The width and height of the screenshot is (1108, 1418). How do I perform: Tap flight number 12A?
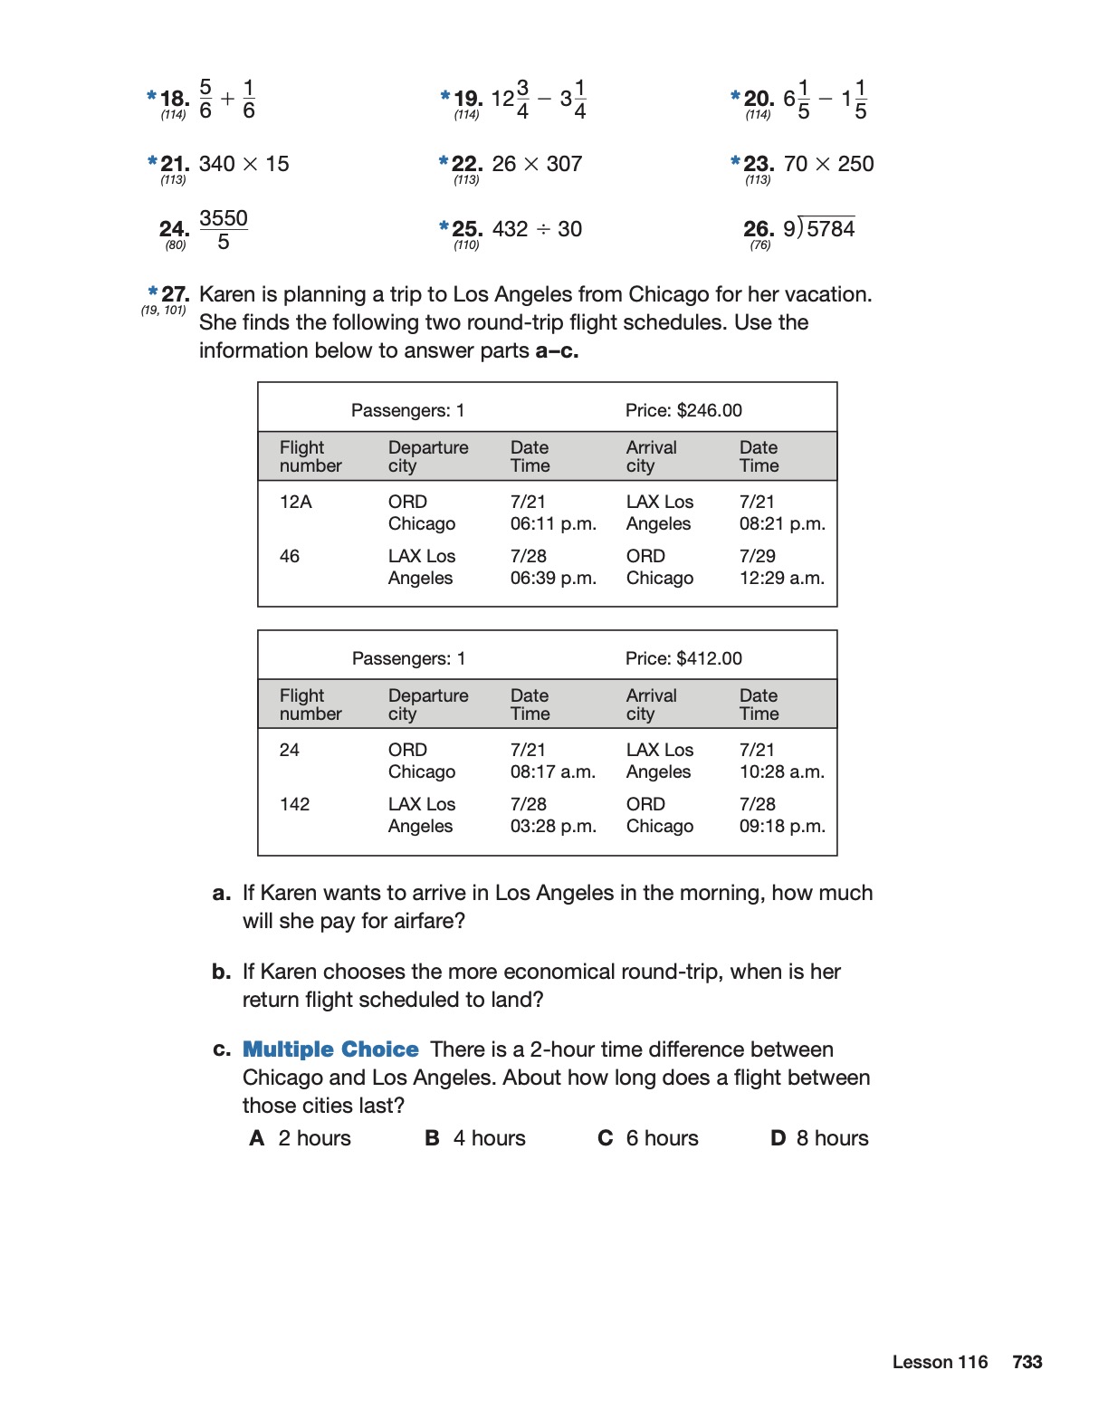tap(296, 502)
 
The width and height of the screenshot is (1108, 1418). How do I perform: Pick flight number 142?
tap(295, 804)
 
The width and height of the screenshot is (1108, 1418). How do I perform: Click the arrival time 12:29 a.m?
tap(782, 578)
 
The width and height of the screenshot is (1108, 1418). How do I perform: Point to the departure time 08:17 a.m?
tap(553, 771)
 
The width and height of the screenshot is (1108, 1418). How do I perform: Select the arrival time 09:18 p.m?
tap(782, 826)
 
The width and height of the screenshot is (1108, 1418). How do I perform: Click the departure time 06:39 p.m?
tap(553, 578)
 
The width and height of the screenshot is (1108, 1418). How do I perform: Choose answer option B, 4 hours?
tap(476, 1138)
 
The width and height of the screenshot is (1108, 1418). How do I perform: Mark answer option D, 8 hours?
tap(819, 1138)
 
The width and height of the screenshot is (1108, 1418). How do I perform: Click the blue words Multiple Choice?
tap(330, 1049)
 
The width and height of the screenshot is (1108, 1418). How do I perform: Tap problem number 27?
tap(175, 294)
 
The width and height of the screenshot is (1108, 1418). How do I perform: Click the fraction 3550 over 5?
tap(224, 230)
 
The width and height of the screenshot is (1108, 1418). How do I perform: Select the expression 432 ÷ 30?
tap(537, 229)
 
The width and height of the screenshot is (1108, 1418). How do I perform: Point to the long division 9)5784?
tap(818, 228)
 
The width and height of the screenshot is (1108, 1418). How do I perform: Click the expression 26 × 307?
tap(537, 164)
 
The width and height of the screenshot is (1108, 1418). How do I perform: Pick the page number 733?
tap(1027, 1362)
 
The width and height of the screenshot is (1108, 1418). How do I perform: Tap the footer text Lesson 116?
tap(940, 1362)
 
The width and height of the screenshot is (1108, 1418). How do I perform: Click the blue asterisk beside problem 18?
tap(151, 95)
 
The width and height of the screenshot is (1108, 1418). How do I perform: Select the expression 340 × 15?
tap(244, 164)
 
